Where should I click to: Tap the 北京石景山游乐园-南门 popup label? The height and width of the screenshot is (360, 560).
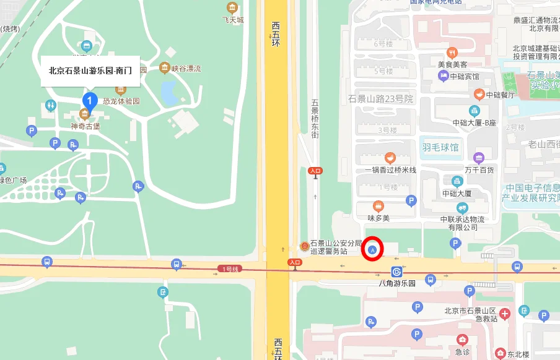[x=90, y=71]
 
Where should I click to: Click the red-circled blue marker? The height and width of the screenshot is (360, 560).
[x=372, y=249]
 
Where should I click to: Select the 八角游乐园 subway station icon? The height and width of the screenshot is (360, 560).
[x=396, y=272]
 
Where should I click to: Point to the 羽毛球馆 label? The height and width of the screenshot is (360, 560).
[x=440, y=147]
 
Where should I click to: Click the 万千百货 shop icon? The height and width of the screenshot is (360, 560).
[x=478, y=158]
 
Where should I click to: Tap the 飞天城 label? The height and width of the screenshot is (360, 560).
[x=232, y=20]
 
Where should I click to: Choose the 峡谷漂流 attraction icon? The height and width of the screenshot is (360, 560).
[x=164, y=67]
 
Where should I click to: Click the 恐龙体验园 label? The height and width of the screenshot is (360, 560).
[x=121, y=101]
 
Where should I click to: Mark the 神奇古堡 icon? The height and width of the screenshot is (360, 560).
[x=85, y=114]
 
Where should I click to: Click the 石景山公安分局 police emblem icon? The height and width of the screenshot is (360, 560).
[x=304, y=246]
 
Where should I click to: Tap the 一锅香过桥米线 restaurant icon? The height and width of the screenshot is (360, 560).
[x=390, y=158]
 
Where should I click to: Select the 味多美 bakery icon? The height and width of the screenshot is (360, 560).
[x=378, y=206]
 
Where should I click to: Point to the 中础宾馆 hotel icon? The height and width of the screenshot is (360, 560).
[x=444, y=76]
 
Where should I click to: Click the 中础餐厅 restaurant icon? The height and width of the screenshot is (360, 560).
[x=479, y=94]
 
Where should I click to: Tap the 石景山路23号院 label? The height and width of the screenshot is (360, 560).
[x=380, y=98]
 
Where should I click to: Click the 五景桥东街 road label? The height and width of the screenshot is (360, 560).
[x=315, y=118]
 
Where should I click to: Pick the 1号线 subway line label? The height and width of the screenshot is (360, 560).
[x=229, y=268]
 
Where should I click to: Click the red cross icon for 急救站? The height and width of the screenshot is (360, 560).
[x=505, y=314]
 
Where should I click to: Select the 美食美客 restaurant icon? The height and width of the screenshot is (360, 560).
[x=452, y=53]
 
